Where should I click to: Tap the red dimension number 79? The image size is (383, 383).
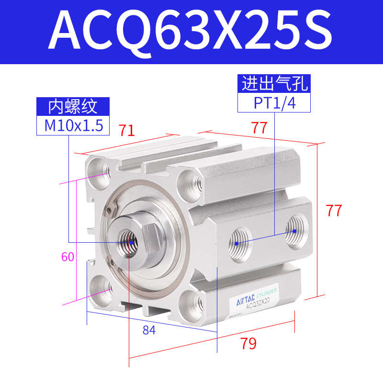click(x=248, y=343)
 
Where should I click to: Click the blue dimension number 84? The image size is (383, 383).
click(x=149, y=330)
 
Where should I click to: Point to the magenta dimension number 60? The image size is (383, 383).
click(x=68, y=257)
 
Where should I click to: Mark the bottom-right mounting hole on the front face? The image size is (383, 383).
click(x=194, y=302)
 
